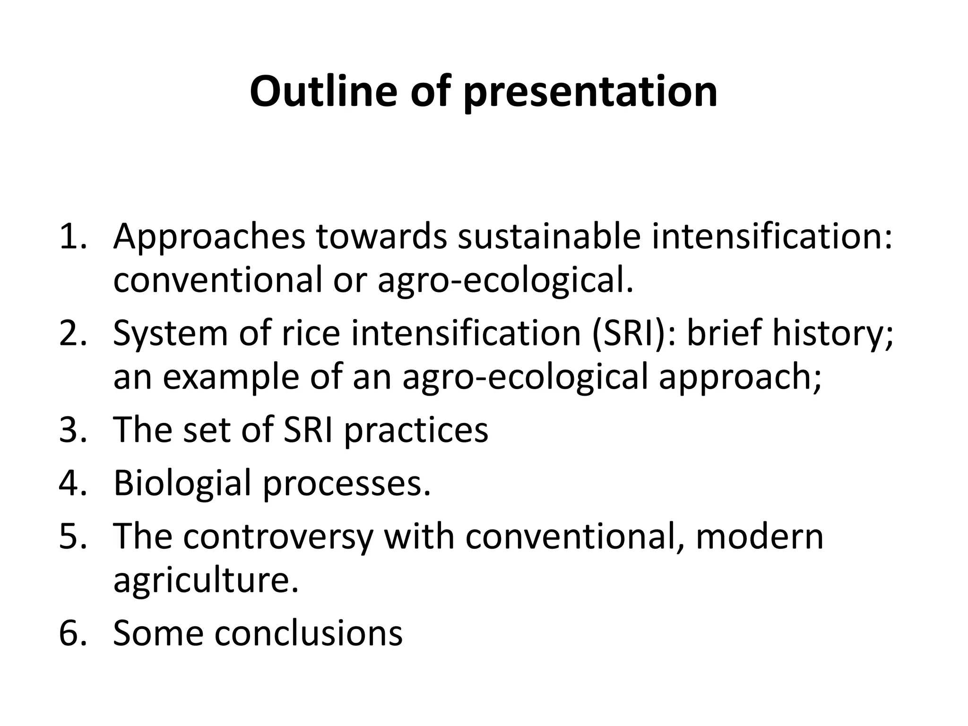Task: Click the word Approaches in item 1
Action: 209,237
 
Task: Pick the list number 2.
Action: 73,333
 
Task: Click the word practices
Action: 416,430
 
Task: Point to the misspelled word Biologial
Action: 182,484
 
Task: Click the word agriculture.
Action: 206,580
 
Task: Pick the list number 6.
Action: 73,633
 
